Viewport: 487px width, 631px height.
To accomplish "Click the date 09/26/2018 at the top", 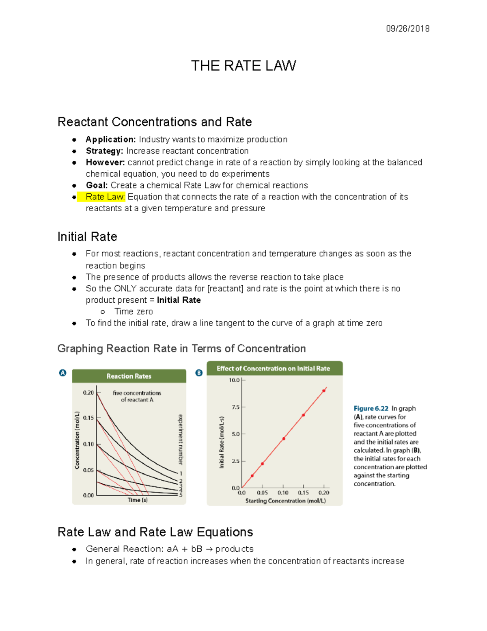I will [x=407, y=28].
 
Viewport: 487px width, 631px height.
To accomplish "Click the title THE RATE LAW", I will [x=243, y=66].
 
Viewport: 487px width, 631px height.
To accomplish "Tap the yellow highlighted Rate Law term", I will [x=105, y=197].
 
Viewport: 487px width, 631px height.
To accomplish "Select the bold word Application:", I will [x=110, y=139].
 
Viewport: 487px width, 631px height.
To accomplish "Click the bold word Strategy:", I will [x=104, y=151].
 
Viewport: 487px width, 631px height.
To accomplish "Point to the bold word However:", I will [x=105, y=163].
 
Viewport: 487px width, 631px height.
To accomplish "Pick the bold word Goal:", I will [x=97, y=185].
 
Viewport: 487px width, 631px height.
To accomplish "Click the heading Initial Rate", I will [x=87, y=236].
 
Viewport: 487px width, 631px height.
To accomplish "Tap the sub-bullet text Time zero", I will [x=134, y=312].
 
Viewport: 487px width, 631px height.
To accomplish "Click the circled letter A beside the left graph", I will [x=62, y=373].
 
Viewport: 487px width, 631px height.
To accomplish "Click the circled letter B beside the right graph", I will [x=199, y=373].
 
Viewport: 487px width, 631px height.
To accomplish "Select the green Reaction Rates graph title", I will [x=129, y=376].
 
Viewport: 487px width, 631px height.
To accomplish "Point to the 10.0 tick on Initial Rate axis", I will [x=234, y=380].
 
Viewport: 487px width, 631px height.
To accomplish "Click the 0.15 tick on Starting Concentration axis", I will [x=303, y=493].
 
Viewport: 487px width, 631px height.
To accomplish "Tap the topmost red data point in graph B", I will [x=324, y=391].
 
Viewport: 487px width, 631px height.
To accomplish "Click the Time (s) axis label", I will [x=138, y=500].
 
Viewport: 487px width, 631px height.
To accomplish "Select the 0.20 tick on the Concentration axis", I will [x=88, y=393].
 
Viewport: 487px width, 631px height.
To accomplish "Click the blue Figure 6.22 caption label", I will [x=371, y=408].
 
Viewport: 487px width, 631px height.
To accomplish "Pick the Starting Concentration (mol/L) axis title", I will [x=285, y=501].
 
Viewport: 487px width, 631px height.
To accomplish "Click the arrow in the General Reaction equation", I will [x=209, y=549].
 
